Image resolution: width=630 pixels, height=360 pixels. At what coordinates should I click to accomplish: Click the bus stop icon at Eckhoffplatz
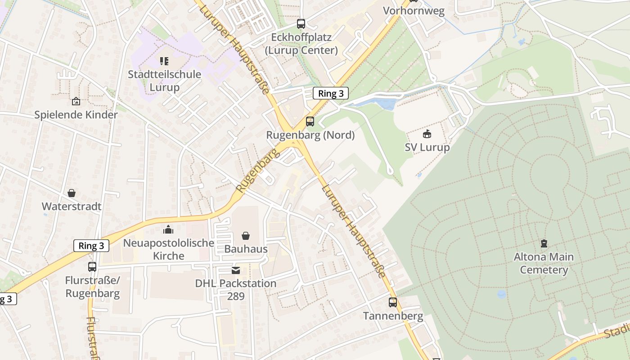tap(301, 24)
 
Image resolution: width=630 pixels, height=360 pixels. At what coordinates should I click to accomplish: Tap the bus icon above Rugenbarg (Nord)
tap(310, 121)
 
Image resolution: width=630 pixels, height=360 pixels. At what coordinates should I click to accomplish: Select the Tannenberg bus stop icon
tap(393, 302)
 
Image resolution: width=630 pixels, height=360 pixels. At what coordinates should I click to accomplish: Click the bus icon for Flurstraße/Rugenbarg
tap(92, 267)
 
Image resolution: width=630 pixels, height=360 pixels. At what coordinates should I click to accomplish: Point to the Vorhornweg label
tap(414, 11)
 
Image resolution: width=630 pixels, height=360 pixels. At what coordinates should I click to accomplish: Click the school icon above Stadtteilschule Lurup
tap(164, 61)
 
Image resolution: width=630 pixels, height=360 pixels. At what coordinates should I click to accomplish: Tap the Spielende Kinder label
tap(76, 115)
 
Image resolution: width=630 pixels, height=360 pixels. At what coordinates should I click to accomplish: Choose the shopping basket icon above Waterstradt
tap(72, 193)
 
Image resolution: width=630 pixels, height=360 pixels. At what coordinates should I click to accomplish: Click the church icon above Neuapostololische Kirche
tap(168, 229)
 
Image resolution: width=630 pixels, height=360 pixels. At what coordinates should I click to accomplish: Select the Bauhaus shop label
tap(246, 249)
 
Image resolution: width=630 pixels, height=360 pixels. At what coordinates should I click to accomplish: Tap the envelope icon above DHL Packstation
tap(236, 270)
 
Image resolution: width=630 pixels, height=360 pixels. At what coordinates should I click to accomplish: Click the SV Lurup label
tap(427, 148)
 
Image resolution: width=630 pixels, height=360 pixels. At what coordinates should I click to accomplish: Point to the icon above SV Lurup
tap(427, 134)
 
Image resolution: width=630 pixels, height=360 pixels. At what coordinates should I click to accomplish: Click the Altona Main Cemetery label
tap(544, 263)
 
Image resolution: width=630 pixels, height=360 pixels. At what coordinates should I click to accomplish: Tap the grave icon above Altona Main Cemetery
tap(544, 243)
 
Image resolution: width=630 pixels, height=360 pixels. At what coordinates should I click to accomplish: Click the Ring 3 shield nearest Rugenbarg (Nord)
tap(331, 94)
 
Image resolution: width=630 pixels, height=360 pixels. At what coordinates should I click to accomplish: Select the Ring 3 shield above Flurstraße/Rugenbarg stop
tap(91, 246)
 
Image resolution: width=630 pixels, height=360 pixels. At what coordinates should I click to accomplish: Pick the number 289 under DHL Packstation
tap(236, 296)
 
